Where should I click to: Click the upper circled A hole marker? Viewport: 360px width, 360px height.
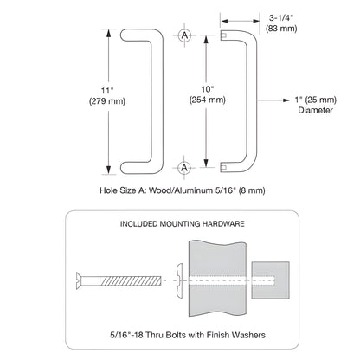pos(185,35)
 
